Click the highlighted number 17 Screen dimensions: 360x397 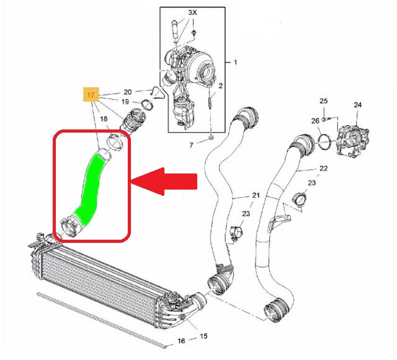pyautogui.click(x=91, y=95)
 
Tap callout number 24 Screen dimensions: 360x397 pyautogui.click(x=357, y=105)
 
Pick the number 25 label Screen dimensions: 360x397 pyautogui.click(x=323, y=100)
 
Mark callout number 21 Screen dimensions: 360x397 pyautogui.click(x=256, y=196)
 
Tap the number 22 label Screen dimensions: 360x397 pyautogui.click(x=323, y=169)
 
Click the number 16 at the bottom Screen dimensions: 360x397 pyautogui.click(x=181, y=341)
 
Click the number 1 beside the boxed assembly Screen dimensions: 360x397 pyautogui.click(x=235, y=62)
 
